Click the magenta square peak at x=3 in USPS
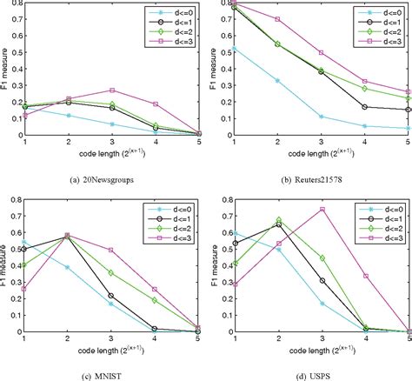click(322, 210)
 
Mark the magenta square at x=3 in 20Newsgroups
click(113, 90)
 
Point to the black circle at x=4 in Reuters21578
click(364, 107)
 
